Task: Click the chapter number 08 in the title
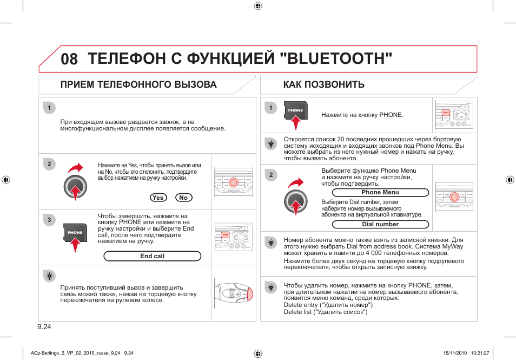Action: click(69, 59)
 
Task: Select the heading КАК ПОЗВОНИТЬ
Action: click(323, 84)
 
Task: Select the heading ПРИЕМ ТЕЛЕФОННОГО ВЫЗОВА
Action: click(138, 84)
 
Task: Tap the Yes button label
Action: click(158, 198)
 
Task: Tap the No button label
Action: click(183, 198)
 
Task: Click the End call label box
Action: click(152, 256)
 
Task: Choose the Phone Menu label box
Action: click(380, 192)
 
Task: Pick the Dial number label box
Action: click(380, 224)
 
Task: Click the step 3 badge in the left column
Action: click(49, 220)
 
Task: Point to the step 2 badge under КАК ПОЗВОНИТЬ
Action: click(271, 174)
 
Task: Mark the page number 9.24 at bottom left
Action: click(44, 326)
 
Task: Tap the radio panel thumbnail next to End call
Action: click(234, 237)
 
